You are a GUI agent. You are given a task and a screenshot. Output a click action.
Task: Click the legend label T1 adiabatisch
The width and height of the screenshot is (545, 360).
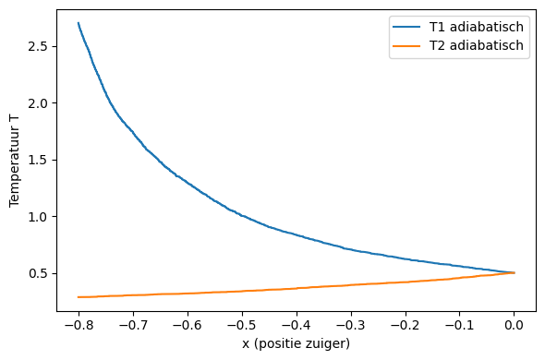[480, 27]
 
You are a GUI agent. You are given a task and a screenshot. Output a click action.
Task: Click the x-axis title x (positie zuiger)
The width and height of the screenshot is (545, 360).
[297, 343]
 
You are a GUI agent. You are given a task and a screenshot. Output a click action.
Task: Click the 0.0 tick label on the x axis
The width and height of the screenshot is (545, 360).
[515, 325]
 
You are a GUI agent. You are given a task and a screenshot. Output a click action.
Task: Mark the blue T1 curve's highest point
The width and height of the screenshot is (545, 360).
[79, 23]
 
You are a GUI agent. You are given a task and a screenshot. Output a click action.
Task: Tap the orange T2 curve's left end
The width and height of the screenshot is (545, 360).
[79, 297]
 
